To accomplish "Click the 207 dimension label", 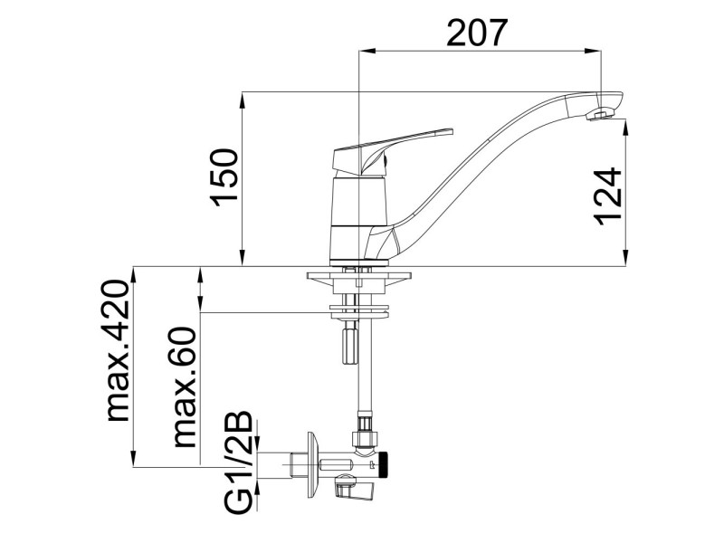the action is tap(477, 33).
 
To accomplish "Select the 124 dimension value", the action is tap(607, 196).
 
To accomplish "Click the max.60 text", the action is tap(186, 387).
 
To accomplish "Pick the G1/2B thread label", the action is tap(239, 462).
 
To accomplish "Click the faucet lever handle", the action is tap(393, 151).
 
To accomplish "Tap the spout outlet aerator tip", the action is tap(599, 115).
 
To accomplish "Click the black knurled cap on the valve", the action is tap(384, 464).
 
